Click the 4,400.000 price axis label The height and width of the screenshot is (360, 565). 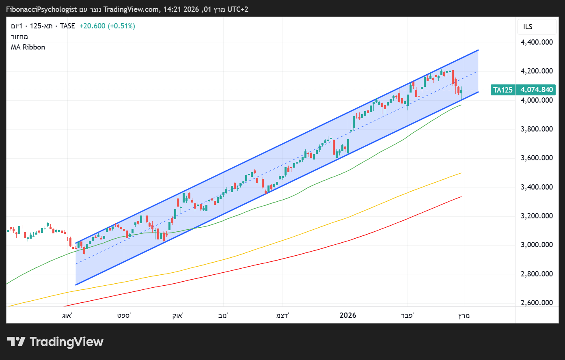(537, 42)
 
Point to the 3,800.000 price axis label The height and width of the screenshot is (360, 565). (537, 129)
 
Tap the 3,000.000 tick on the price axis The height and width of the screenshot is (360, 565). (537, 245)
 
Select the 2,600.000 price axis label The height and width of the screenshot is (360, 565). (537, 303)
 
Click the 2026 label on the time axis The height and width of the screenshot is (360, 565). (348, 315)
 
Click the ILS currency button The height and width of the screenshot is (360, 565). (528, 27)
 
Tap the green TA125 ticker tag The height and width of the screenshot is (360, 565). (503, 90)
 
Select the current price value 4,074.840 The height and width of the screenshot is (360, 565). (537, 90)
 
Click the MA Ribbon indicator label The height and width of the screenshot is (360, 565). (28, 47)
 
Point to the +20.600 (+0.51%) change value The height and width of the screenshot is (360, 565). (107, 26)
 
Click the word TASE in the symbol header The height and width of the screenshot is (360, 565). (67, 26)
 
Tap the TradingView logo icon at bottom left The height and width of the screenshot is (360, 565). (17, 342)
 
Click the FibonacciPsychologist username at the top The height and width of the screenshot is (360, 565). (41, 9)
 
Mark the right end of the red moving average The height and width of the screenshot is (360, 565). (461, 197)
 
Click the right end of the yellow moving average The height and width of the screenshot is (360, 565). (461, 173)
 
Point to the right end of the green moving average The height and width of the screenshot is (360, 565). (461, 105)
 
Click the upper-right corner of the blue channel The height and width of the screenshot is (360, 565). (479, 50)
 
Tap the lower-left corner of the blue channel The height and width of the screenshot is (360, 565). (76, 285)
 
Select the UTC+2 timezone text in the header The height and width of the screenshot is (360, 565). (238, 9)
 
